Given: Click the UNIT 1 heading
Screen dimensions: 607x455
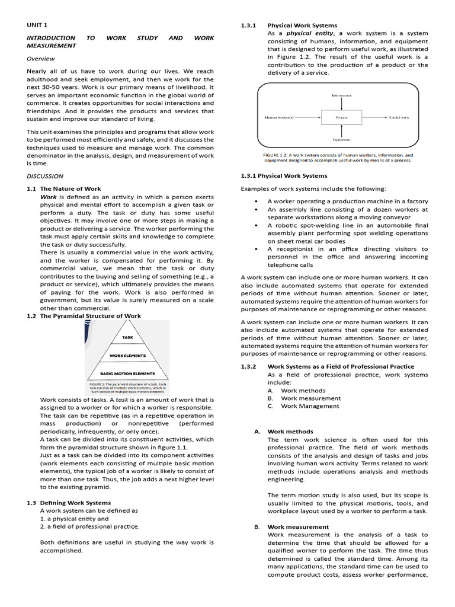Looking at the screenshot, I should coord(37,25).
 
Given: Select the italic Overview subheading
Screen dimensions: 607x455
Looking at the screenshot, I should coord(41,59).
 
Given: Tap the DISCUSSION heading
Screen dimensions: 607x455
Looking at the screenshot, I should coord(45,176).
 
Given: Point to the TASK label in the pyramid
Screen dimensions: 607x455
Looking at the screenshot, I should coord(127,337).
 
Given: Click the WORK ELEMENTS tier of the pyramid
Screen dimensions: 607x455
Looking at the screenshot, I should coord(127,356).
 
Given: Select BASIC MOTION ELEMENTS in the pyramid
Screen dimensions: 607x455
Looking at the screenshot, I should coord(127,373).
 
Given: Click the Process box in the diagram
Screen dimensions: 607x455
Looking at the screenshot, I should coord(341,117).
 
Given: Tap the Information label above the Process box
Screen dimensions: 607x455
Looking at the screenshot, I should coord(341,95).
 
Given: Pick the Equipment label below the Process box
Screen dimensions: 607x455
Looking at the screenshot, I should coord(341,140).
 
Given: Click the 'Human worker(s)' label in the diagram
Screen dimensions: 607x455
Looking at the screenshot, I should coord(278,117).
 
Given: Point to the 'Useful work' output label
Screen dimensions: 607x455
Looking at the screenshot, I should coord(399,117).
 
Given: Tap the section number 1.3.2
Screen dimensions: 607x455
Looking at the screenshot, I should coord(248,366).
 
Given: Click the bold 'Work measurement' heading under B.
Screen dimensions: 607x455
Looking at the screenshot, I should coord(298,526).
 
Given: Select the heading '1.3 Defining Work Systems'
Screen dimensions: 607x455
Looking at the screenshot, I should coord(69,503).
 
